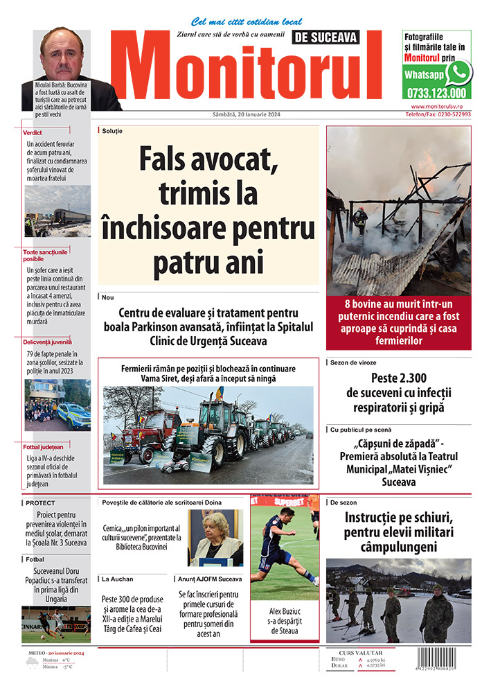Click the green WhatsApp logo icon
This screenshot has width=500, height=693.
click(458, 72)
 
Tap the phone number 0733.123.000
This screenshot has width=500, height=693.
click(437, 92)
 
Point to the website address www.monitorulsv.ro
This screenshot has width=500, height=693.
click(441, 107)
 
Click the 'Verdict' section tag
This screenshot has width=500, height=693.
click(33, 132)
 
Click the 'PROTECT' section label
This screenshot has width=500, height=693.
click(40, 503)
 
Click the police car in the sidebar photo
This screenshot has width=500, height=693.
click(73, 415)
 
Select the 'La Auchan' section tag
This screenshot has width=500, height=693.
click(117, 578)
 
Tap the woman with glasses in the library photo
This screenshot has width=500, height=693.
click(215, 534)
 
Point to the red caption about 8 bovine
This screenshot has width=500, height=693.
click(398, 322)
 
